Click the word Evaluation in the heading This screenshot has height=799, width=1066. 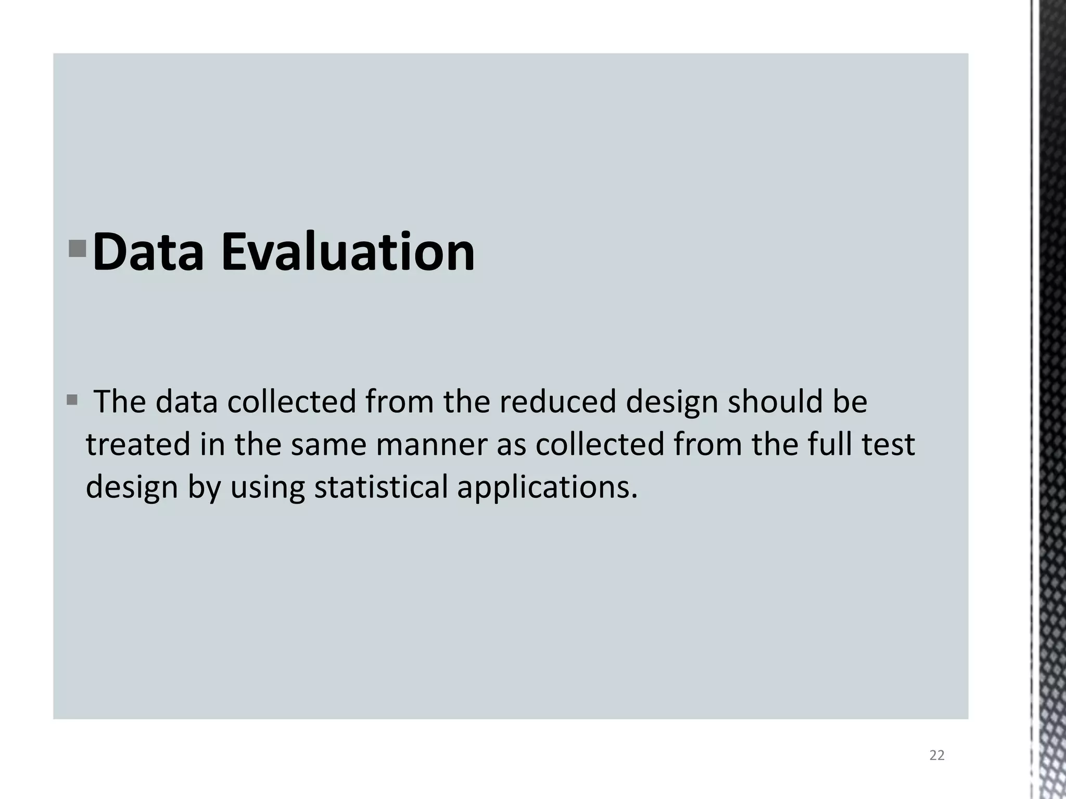tap(348, 252)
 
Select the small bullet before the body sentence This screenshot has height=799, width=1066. tap(72, 401)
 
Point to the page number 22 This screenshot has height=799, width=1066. tap(936, 755)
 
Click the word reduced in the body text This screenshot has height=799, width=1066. tap(557, 402)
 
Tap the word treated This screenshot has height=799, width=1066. tap(138, 445)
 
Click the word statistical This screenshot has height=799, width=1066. tap(381, 487)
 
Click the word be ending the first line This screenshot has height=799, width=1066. tap(850, 402)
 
